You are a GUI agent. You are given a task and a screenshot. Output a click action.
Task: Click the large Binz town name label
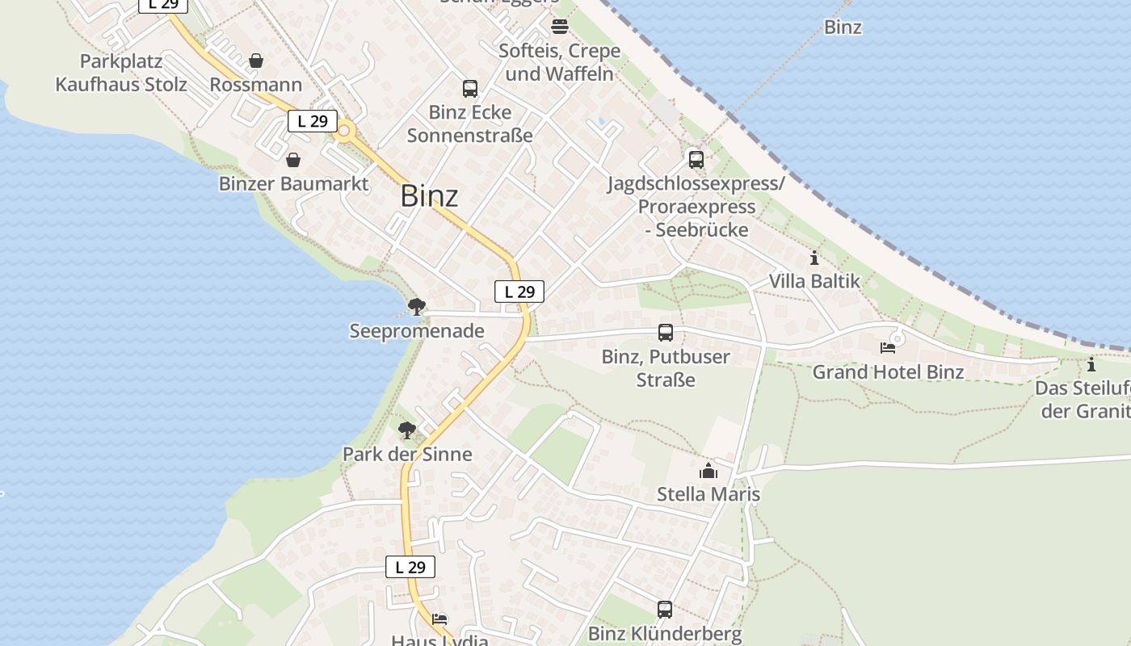[x=429, y=196]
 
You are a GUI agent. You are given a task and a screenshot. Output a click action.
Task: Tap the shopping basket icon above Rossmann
[x=256, y=61]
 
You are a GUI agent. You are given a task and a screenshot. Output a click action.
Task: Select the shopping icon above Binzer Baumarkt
[x=293, y=160]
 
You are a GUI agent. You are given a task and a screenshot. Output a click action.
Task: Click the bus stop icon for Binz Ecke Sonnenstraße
[x=469, y=89]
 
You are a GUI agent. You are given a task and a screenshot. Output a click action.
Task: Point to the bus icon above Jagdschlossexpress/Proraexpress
[x=696, y=160]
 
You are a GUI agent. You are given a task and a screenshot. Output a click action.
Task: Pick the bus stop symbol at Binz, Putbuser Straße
[x=665, y=333]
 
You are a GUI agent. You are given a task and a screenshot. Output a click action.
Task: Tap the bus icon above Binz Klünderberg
[x=664, y=610]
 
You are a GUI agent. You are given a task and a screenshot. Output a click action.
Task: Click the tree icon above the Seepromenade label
[x=417, y=307]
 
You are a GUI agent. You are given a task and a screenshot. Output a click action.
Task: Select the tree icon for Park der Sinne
[x=407, y=430]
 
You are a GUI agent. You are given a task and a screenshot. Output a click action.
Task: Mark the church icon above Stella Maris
[x=708, y=471]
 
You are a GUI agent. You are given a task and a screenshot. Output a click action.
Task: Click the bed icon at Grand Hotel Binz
[x=888, y=348]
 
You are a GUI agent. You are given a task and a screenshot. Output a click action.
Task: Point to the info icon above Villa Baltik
[x=814, y=258]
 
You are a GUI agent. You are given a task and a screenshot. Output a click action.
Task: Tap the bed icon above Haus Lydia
[x=439, y=619]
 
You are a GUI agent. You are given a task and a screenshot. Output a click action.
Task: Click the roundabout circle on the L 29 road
[x=346, y=131]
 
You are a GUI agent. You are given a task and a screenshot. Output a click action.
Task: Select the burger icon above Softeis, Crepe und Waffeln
[x=560, y=27]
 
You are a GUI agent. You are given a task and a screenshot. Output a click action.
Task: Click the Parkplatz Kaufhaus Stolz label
[x=121, y=73]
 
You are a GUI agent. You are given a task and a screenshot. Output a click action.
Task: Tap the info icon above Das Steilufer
[x=1091, y=365]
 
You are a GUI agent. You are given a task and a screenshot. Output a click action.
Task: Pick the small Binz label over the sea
[x=843, y=27]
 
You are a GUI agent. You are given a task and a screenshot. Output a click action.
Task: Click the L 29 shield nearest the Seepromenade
[x=519, y=292]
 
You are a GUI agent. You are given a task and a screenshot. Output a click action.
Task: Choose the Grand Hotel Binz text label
[x=888, y=372]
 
